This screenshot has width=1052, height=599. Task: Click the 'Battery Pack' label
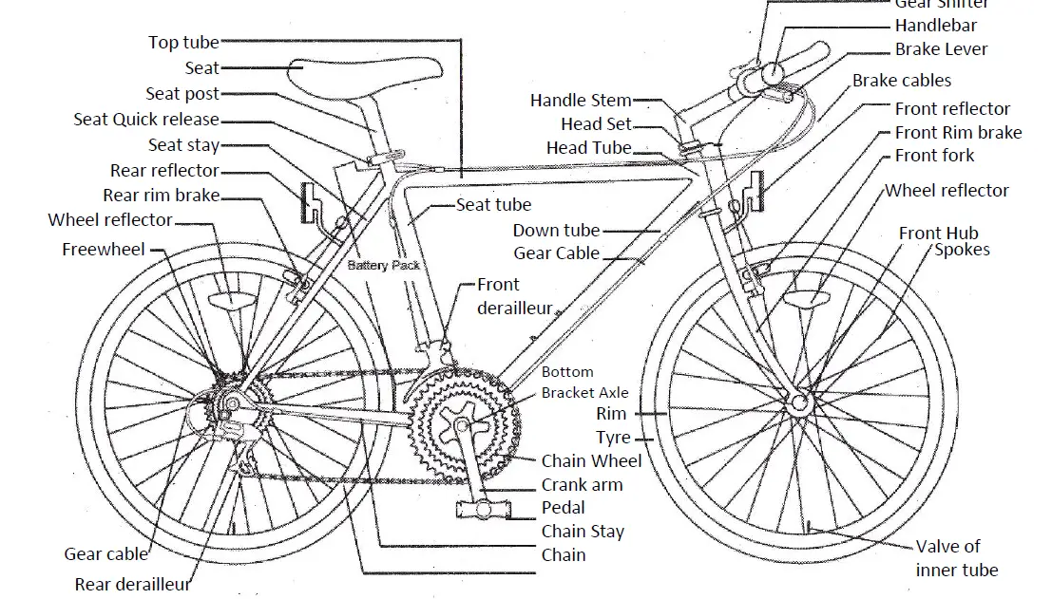[383, 266]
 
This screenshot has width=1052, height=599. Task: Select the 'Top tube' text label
[183, 43]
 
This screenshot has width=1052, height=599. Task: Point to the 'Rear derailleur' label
[133, 585]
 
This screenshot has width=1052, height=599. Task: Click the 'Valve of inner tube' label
[956, 558]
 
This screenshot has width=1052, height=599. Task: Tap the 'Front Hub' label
[938, 234]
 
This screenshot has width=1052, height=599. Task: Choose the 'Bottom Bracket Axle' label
[584, 383]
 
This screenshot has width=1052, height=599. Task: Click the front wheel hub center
[799, 403]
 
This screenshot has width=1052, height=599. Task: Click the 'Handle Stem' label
[581, 101]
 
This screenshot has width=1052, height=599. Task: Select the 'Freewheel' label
[104, 250]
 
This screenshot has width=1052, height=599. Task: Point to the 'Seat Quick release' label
[146, 120]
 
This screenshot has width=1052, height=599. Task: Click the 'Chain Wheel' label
[591, 461]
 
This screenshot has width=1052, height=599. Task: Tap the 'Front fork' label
[934, 156]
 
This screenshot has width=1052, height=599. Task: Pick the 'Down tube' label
[556, 230]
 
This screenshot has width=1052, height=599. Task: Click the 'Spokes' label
[962, 250]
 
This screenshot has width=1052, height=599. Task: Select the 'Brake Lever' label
[941, 49]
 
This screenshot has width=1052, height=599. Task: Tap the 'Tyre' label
[613, 438]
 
